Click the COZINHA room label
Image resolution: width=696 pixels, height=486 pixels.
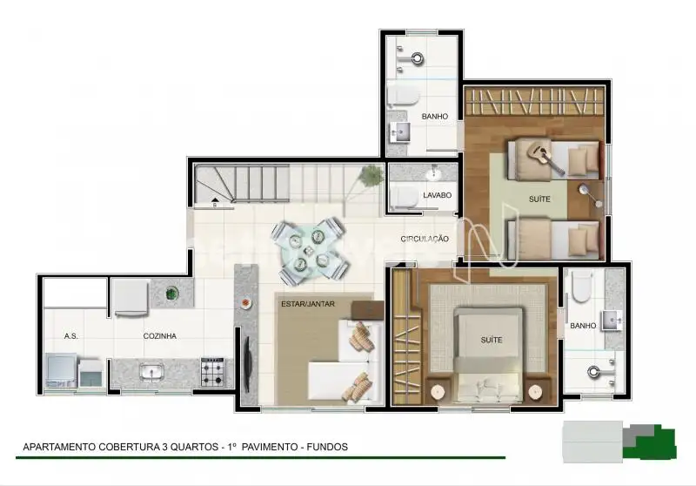click(160, 336)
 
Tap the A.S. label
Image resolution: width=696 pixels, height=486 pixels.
click(71, 336)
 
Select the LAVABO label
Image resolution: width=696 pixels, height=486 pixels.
click(438, 195)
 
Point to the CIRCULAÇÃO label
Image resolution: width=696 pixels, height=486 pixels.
click(425, 239)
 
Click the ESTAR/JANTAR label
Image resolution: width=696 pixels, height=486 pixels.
click(308, 304)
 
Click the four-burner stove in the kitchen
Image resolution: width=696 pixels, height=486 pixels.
click(212, 372)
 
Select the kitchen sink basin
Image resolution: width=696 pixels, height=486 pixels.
click(151, 372)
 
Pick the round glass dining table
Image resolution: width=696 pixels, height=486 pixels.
click(308, 251)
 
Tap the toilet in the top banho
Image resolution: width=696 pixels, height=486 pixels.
click(403, 95)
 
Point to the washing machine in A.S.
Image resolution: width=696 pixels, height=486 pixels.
click(60, 369)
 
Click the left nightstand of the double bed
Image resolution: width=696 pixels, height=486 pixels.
click(438, 392)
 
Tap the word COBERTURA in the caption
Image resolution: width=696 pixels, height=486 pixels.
click(129, 447)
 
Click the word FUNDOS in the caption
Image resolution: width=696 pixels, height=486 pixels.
click(327, 447)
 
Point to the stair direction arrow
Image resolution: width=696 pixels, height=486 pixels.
click(215, 200)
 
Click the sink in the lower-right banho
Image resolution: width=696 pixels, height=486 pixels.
click(612, 321)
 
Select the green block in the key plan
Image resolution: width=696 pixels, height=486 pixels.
click(652, 443)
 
